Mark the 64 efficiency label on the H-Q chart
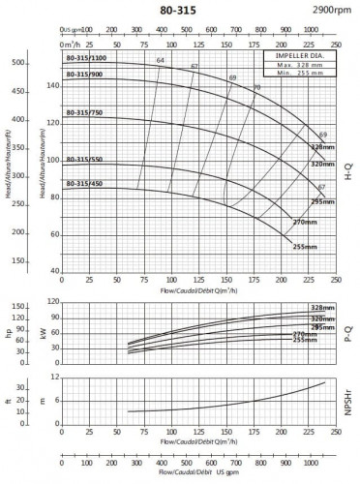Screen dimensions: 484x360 click(161, 62)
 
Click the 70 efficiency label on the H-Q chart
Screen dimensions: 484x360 click(256, 88)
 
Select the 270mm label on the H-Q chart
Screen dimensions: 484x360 click(305, 222)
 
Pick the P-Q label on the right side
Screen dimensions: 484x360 click(348, 331)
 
